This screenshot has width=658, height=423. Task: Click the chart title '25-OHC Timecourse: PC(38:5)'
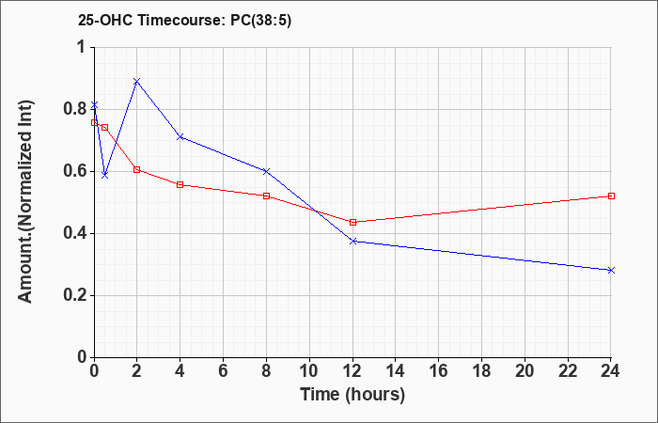tap(184, 21)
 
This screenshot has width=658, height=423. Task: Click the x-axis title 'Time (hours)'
tap(352, 395)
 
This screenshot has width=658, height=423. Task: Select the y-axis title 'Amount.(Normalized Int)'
tap(25, 201)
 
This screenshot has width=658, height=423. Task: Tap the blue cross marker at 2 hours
tap(137, 81)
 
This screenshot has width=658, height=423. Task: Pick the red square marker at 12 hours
tap(352, 222)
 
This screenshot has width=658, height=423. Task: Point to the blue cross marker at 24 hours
tap(611, 271)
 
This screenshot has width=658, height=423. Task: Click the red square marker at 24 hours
tap(611, 196)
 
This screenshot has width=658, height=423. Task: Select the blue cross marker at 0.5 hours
tap(105, 175)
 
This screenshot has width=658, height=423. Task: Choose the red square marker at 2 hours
tap(137, 169)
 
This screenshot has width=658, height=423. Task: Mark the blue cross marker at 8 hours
tap(266, 171)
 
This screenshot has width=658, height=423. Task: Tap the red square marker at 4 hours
tap(180, 184)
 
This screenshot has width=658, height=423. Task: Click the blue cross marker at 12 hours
tap(352, 242)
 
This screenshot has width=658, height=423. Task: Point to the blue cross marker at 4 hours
tap(180, 137)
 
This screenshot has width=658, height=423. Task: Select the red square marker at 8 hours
tap(266, 196)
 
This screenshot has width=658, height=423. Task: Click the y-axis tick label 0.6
tap(74, 171)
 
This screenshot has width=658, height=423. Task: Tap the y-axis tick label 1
tap(82, 47)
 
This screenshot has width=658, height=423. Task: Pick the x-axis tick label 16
tap(439, 371)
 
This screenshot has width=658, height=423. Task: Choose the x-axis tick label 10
tap(309, 371)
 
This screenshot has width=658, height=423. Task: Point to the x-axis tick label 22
tap(568, 371)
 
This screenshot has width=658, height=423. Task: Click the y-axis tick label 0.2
tap(74, 295)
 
